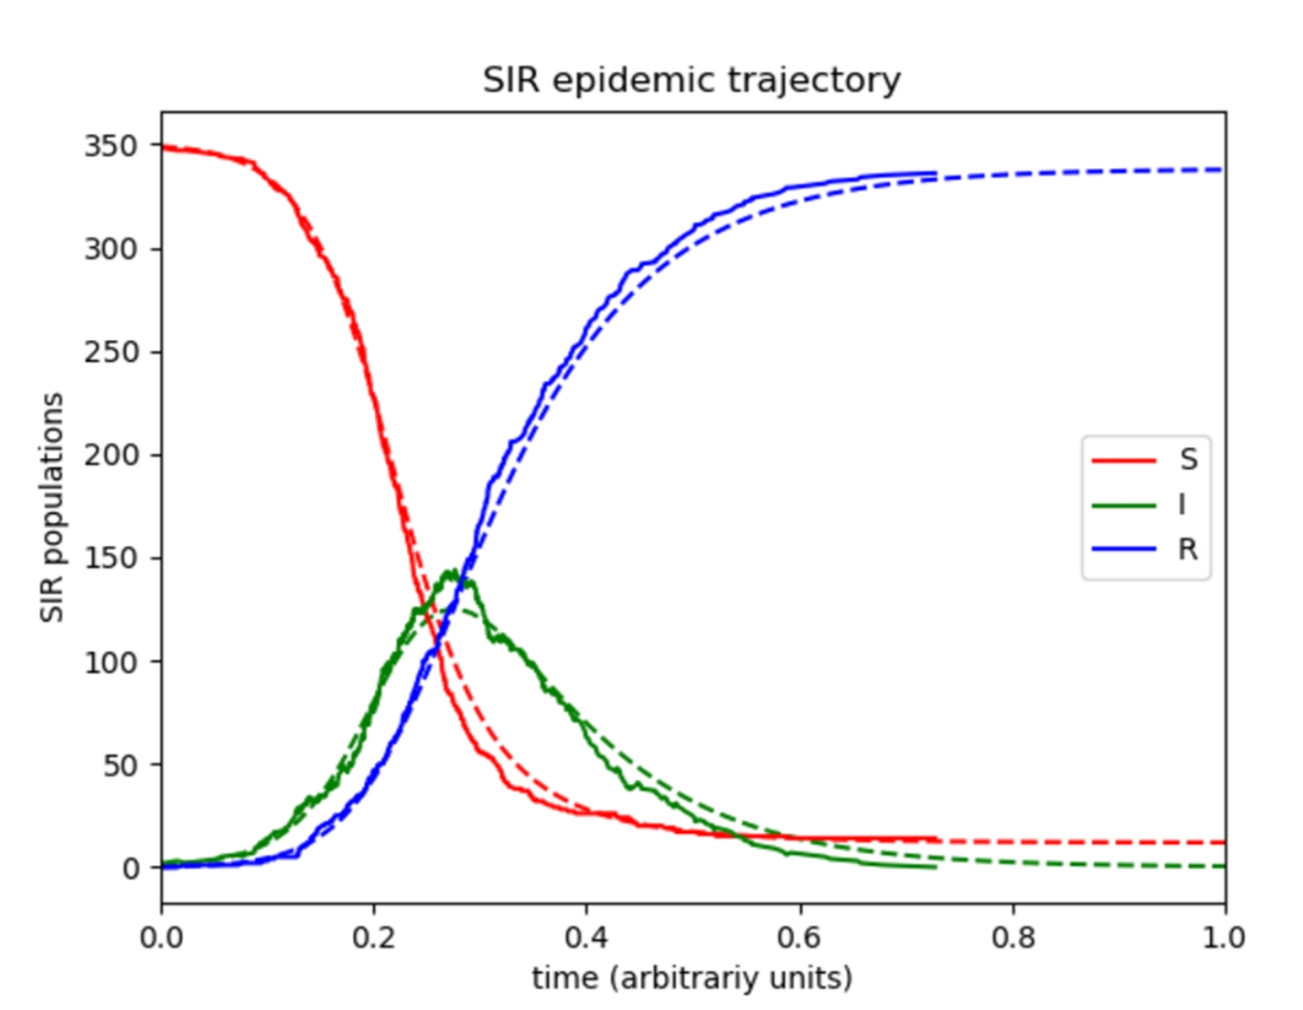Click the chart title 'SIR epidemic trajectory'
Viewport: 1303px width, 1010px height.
click(x=692, y=80)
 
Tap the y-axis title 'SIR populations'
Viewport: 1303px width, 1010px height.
click(x=52, y=507)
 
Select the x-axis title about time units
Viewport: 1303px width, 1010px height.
click(x=692, y=977)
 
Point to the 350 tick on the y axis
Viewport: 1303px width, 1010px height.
click(x=110, y=147)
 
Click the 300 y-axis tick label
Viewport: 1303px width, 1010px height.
click(x=110, y=249)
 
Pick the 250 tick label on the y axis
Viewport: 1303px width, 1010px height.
click(x=110, y=352)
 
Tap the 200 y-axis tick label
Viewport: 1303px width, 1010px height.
click(x=110, y=455)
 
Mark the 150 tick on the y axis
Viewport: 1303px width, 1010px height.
click(x=110, y=558)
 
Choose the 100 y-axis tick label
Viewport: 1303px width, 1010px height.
click(x=110, y=661)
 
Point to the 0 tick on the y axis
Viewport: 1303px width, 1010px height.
click(x=131, y=868)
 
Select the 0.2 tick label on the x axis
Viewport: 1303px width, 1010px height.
click(x=373, y=939)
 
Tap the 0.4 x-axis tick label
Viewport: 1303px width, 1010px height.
click(x=586, y=939)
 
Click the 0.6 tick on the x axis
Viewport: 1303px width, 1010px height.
click(x=799, y=939)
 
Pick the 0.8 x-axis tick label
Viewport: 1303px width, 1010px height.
click(x=1013, y=939)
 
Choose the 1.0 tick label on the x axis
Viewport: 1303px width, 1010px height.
click(x=1223, y=939)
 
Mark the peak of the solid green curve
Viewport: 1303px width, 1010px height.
click(x=453, y=571)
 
